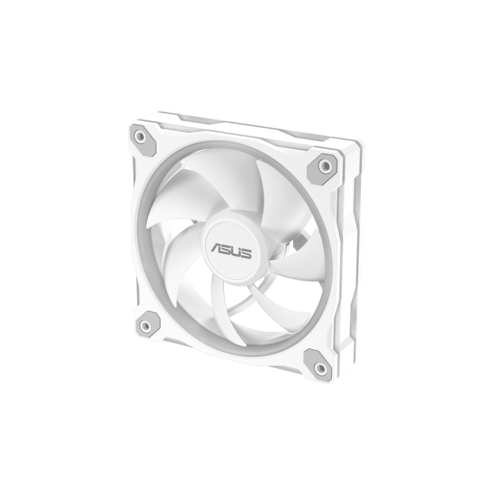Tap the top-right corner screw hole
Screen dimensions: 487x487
[x=325, y=166]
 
